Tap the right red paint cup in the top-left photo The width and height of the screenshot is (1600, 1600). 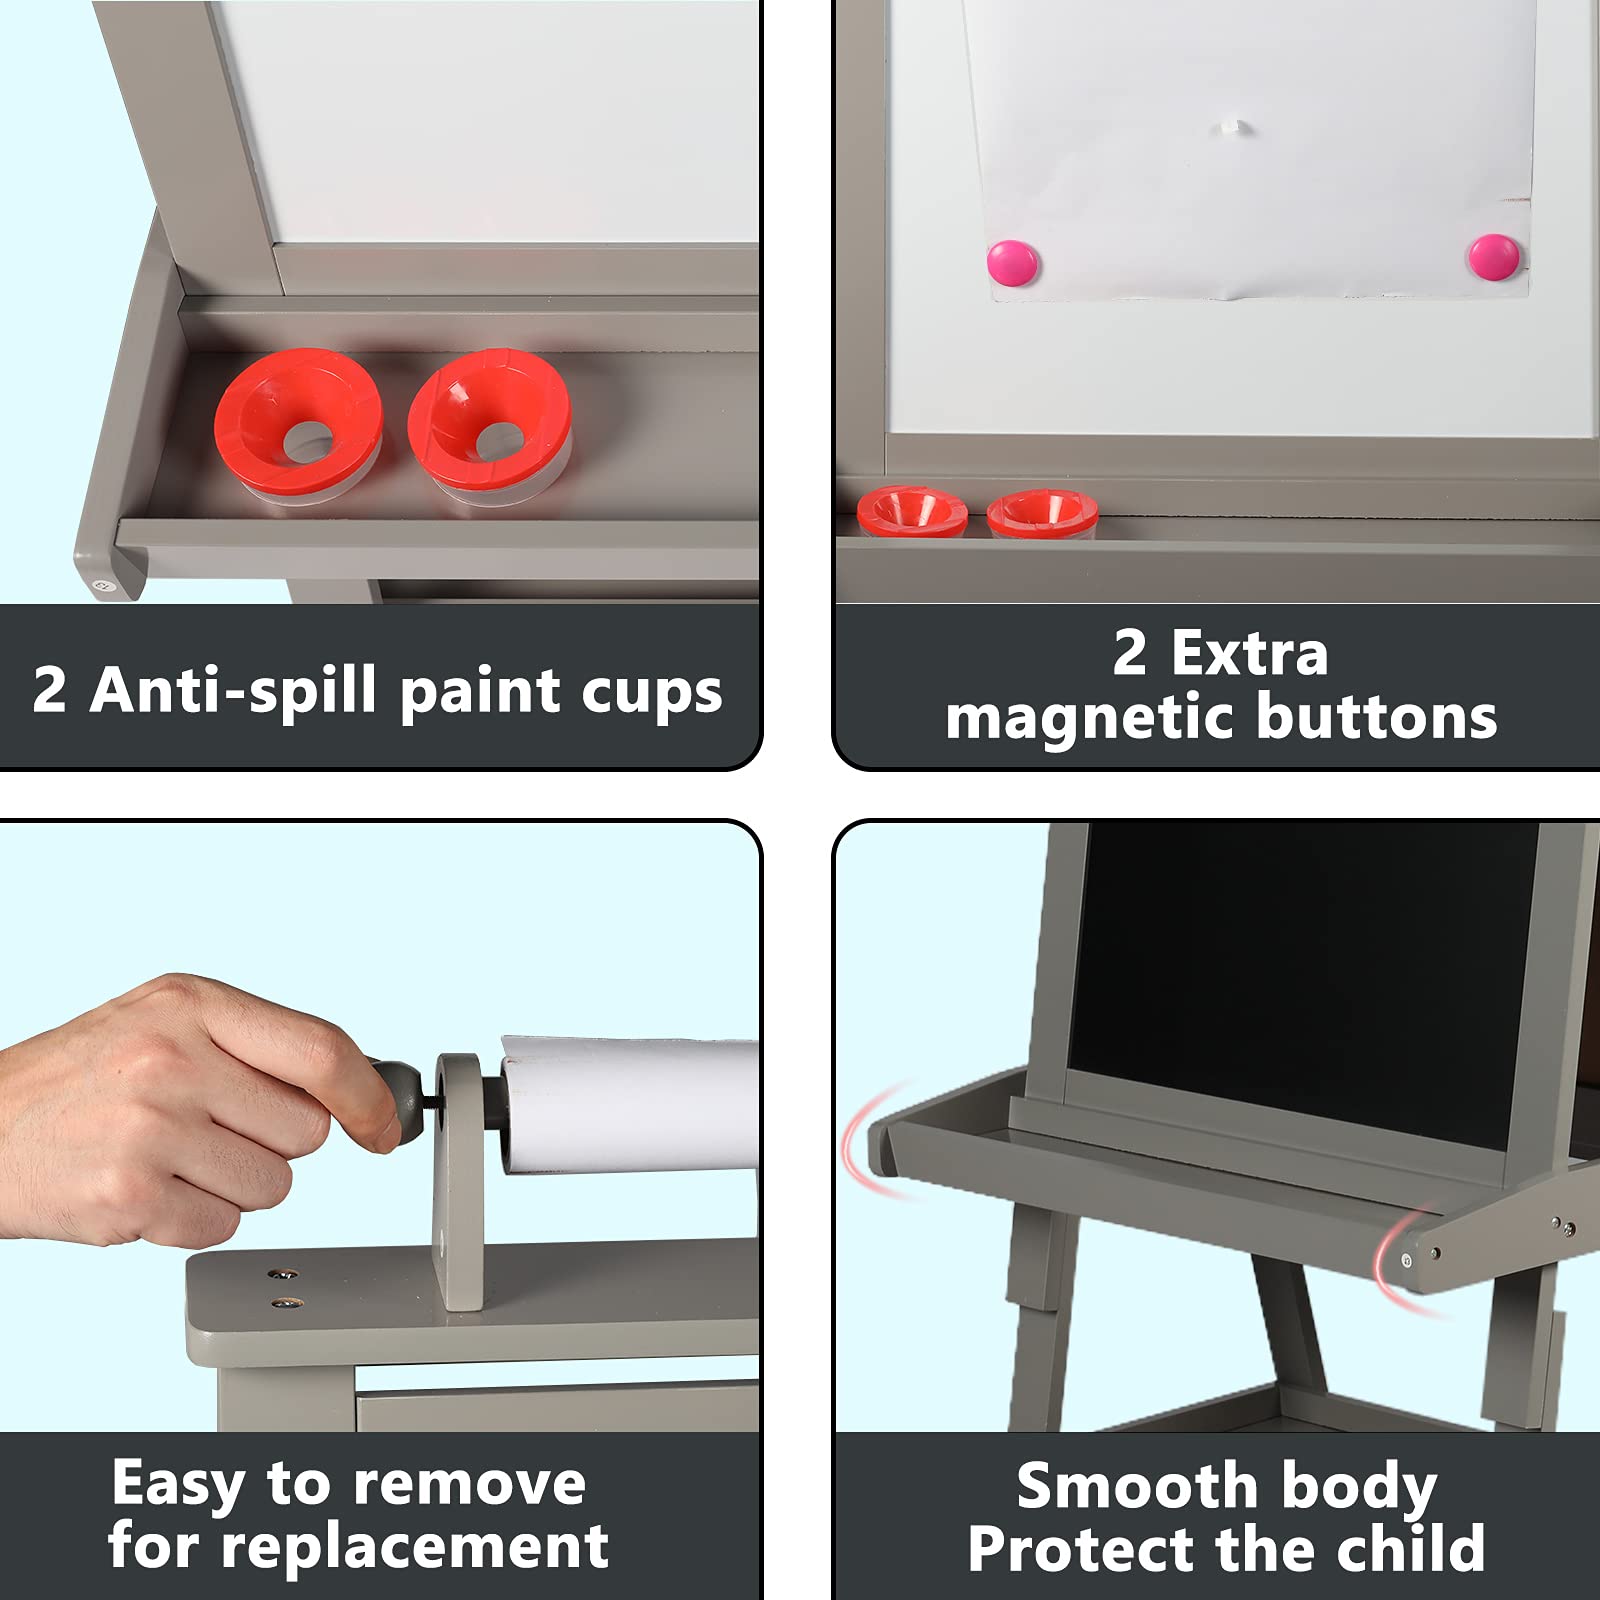489,426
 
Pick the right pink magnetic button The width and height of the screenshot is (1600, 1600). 1494,257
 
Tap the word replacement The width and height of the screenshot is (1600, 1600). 414,1549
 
